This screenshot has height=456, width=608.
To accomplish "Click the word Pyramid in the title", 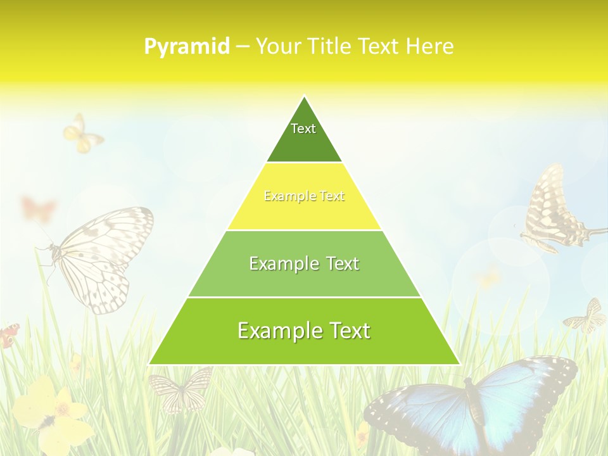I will pos(187,47).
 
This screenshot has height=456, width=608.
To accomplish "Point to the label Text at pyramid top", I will pos(303,129).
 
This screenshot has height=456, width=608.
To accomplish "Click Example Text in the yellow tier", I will pos(304,196).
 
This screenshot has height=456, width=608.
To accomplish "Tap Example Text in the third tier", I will pos(304,263).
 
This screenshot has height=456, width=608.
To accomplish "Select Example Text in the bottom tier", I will pos(304,331).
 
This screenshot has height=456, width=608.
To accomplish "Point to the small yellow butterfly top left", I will pos(82,134).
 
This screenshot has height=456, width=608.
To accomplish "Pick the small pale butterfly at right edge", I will pos(586,317).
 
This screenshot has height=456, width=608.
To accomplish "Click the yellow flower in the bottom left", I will pos(51,412).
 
